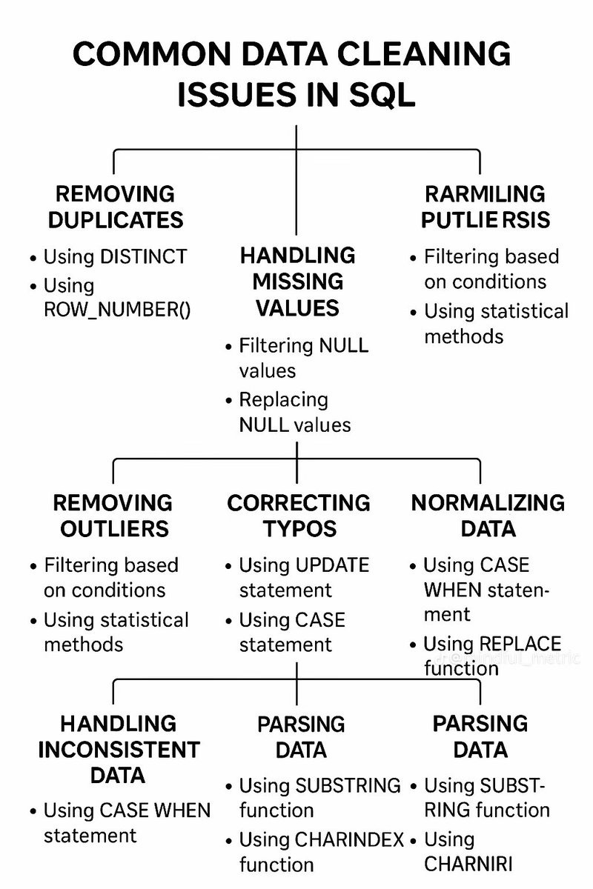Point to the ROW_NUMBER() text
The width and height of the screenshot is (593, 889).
117,310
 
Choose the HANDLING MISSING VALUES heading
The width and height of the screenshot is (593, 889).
297,282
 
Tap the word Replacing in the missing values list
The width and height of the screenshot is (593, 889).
283,399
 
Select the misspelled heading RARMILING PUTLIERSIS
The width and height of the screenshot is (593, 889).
485,207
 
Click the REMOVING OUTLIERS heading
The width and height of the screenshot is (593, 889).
112,516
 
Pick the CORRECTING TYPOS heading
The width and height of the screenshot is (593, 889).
298,516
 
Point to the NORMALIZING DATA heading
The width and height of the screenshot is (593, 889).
488,516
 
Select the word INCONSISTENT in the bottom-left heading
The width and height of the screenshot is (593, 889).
119,749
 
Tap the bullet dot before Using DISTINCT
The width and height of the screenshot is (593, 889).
33,259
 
